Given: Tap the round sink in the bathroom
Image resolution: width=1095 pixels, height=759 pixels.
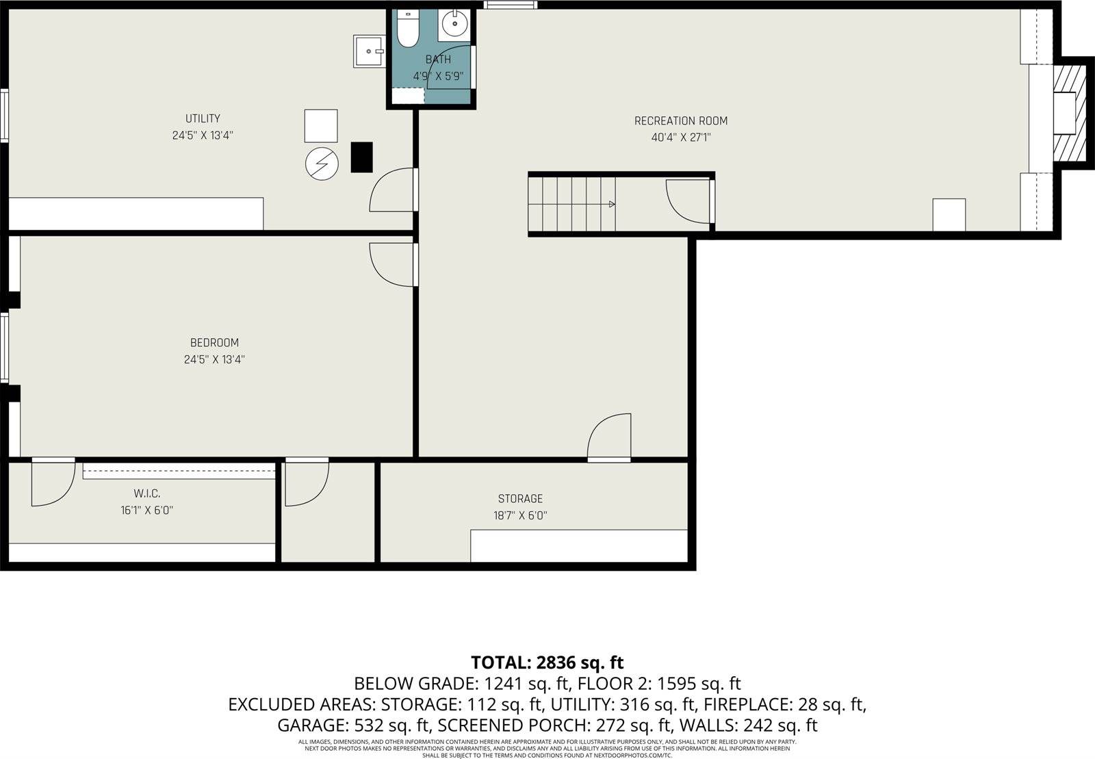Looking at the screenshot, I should coord(454,25).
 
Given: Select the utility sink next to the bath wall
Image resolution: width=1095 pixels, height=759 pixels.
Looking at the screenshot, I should coord(368,51).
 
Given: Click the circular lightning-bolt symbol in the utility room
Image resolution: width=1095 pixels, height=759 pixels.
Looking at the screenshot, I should coord(322,164).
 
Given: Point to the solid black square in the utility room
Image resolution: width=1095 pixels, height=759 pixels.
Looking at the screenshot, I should coord(361,157).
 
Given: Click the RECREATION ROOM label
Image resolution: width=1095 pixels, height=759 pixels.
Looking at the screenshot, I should coord(680,121).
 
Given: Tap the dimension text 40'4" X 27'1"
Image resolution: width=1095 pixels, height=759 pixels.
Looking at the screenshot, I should coord(680,138).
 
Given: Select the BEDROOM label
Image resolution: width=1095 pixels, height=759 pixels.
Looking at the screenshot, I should coord(214,343).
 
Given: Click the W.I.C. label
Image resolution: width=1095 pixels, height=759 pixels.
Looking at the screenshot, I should coord(146,493).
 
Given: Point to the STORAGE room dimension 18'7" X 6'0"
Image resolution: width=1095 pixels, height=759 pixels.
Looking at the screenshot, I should coord(520,515).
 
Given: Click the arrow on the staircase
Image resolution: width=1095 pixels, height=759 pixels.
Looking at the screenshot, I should coord(611,204).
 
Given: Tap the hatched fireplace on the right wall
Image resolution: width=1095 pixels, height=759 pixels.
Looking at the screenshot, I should coord(1069,113).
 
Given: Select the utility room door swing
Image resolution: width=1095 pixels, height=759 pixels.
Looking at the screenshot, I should coord(392,192).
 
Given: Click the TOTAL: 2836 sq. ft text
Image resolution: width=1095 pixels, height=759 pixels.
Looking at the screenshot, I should coord(547,662).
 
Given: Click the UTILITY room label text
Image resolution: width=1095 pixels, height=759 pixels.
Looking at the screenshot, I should coord(203,118).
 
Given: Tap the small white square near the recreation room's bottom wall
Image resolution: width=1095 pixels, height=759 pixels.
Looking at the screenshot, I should coord(949,214).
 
